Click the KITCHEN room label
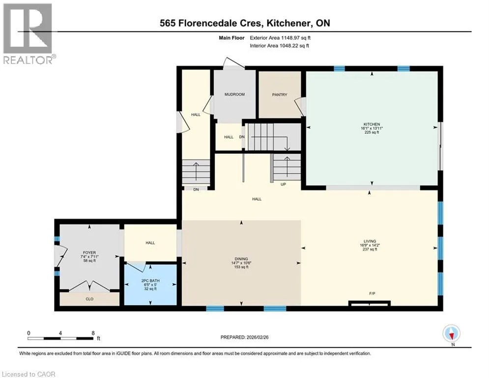coord(372,125)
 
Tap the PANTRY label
coord(280,94)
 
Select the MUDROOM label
coord(234,94)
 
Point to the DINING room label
coord(241,259)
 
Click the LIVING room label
coord(370,241)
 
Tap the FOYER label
coord(89,252)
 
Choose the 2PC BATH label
coord(150,281)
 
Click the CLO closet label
coord(89,299)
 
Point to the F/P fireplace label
coord(372,293)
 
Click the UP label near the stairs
coord(283,184)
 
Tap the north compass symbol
coord(451,333)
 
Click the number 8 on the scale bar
coord(93,333)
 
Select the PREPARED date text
coord(245,337)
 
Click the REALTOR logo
coord(28,34)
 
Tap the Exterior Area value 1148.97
coord(290,38)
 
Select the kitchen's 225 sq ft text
coord(372,132)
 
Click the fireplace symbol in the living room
coord(370,303)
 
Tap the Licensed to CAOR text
coord(29,374)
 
